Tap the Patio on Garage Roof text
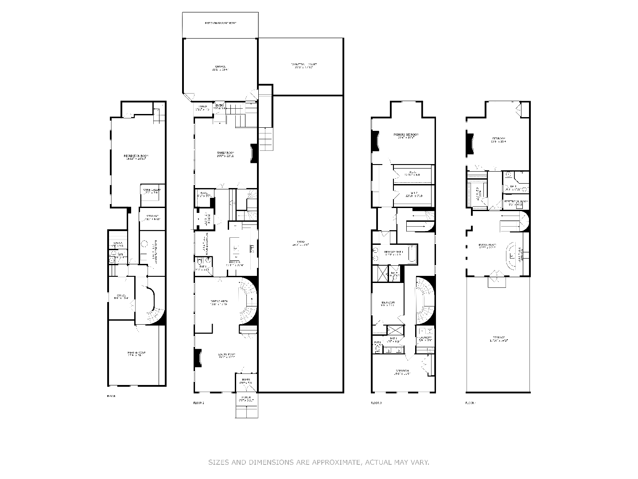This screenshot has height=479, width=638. pos(220,23)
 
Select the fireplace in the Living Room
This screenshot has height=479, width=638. pos(197,358)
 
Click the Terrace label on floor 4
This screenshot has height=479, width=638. pos(498,339)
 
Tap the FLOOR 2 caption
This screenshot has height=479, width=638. pos(199,403)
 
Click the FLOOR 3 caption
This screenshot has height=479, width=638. pos(376,403)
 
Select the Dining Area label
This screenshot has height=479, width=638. pos(219,303)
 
